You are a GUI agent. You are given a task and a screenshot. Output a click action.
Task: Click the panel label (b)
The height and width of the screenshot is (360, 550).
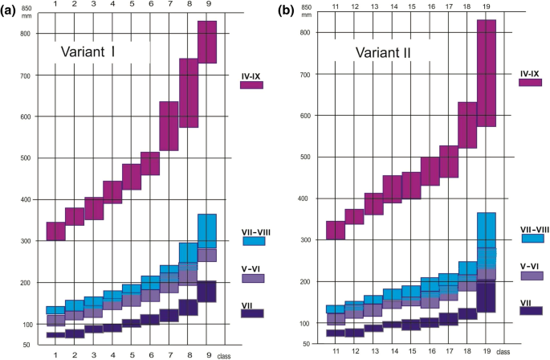[x=286, y=11]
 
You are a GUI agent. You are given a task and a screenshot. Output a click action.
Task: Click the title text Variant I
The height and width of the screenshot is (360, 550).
[x=88, y=52]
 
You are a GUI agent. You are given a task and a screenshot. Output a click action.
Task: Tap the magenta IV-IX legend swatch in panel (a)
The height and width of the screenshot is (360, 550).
[x=251, y=85]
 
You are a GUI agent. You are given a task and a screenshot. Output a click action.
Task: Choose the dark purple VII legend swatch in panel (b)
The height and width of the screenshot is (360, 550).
[x=531, y=310]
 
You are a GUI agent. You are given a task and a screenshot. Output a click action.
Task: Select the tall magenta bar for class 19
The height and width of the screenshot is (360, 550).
[x=487, y=72]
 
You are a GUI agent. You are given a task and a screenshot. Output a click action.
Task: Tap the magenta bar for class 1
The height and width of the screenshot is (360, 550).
[x=55, y=231]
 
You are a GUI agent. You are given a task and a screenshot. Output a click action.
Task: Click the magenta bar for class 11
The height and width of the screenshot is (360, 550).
[x=335, y=230]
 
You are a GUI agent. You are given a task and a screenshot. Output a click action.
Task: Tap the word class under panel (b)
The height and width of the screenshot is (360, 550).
[x=504, y=352]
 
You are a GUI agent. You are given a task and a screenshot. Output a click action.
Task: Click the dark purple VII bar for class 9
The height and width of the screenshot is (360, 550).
[x=207, y=292]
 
